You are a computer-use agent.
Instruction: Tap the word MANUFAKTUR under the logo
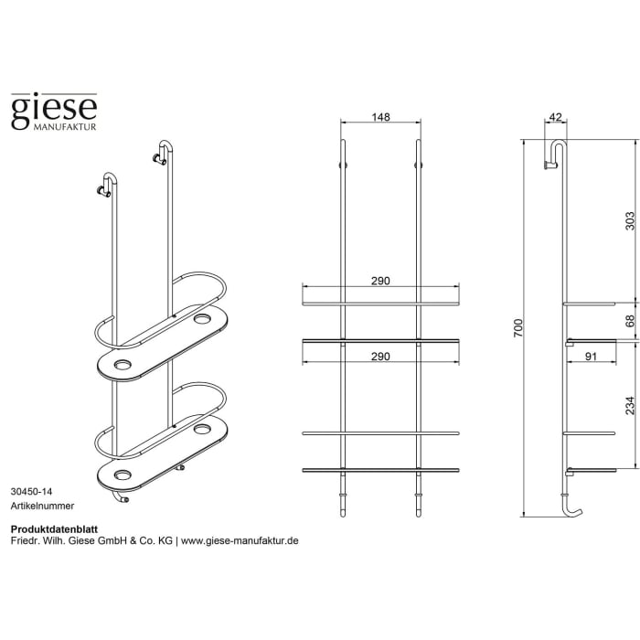[x=66, y=128]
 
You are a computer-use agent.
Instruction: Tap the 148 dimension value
[x=381, y=117]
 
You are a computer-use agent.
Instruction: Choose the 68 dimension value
[x=628, y=320]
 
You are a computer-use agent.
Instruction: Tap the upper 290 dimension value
[x=381, y=281]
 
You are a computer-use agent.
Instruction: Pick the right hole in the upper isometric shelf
[x=202, y=320]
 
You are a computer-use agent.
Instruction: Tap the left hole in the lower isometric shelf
[x=122, y=475]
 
